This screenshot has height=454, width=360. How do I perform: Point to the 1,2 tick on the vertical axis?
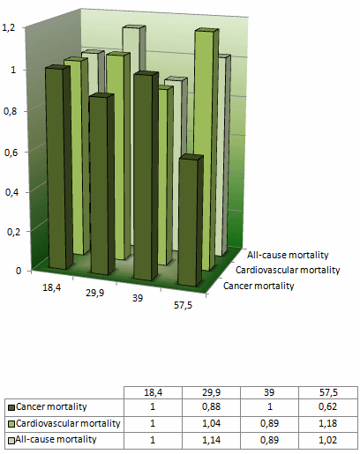(x=9, y=29)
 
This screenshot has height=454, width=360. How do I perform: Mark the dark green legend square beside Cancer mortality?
(x=11, y=407)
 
